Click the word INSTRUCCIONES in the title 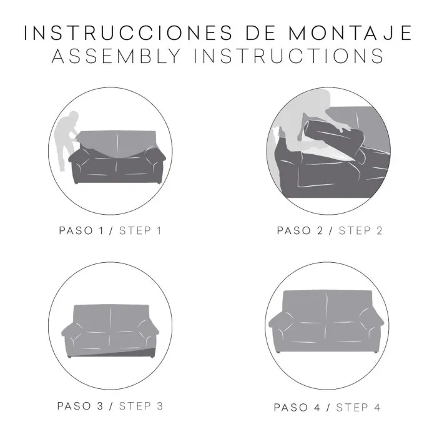128,33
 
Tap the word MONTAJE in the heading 350,33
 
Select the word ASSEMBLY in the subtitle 116,56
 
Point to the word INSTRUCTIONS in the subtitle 288,56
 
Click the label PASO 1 81,231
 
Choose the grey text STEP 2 360,231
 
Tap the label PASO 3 81,406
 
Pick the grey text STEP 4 358,408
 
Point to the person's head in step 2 320,98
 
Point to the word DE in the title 260,33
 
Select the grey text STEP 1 140,231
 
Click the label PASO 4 297,408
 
